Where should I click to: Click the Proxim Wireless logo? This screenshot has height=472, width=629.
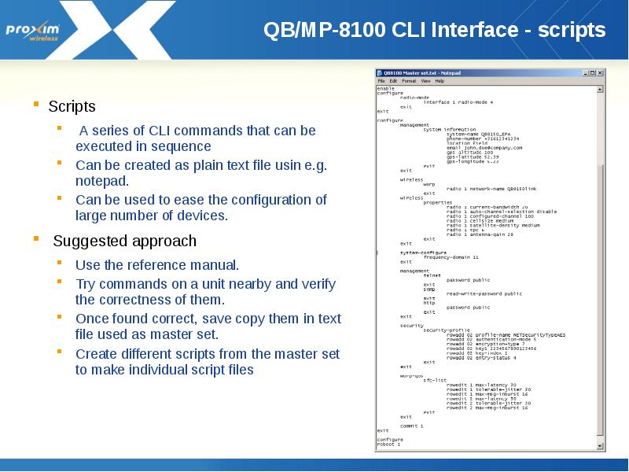[37, 31]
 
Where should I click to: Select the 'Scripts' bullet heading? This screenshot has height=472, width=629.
[72, 106]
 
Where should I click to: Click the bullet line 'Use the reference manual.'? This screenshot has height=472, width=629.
[157, 265]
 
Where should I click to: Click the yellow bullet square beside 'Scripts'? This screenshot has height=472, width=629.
[35, 103]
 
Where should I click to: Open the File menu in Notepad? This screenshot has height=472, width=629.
[381, 81]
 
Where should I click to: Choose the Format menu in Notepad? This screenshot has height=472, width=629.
[409, 81]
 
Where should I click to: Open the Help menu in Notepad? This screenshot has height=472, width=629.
[440, 81]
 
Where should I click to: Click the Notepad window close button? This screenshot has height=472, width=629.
[600, 72]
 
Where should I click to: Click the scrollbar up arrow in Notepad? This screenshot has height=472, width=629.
[601, 90]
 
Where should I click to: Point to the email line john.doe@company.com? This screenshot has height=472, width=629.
[484, 147]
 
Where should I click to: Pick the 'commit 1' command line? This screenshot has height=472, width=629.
[411, 426]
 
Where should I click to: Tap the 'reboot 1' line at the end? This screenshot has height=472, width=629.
[388, 444]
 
